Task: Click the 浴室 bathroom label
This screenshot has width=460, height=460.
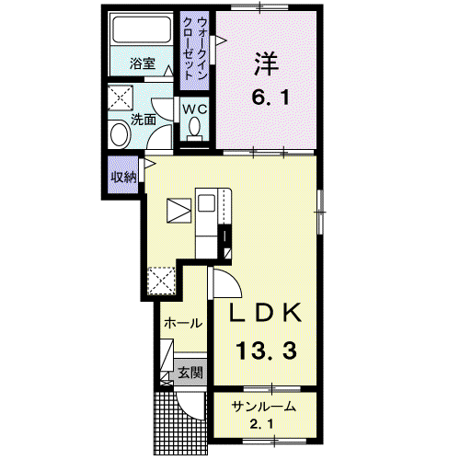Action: tap(143, 63)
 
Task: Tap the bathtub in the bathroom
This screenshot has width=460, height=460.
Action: tap(142, 29)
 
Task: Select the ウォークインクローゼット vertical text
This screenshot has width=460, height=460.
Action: tap(194, 49)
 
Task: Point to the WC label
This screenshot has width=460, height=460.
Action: tap(195, 109)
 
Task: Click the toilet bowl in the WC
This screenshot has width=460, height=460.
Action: tap(194, 126)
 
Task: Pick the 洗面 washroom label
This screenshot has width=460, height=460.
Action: tap(144, 120)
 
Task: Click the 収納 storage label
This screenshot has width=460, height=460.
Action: tap(123, 177)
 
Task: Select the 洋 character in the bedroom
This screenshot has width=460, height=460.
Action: tap(266, 64)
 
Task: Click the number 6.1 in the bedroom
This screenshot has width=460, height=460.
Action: tap(270, 98)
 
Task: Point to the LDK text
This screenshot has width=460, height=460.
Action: tap(266, 312)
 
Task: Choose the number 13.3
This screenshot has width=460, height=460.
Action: tap(267, 351)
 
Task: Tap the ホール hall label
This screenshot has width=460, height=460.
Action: tap(183, 323)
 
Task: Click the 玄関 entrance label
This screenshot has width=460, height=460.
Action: tap(190, 373)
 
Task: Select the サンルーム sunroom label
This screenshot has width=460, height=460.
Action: tap(264, 407)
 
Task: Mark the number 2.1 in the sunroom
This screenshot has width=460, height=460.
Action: tap(261, 425)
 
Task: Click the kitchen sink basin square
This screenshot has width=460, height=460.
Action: tap(206, 203)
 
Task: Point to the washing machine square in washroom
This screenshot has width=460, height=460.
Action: tap(121, 98)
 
